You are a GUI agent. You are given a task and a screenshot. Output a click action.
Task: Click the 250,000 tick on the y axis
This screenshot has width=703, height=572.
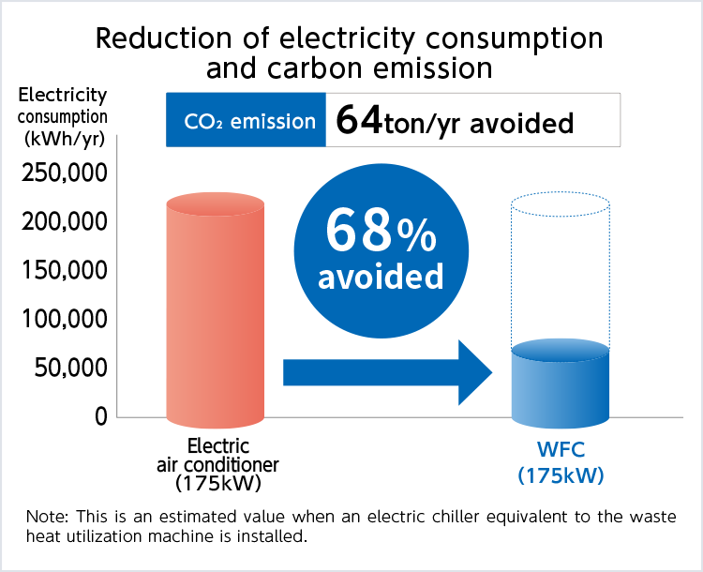tap(63, 174)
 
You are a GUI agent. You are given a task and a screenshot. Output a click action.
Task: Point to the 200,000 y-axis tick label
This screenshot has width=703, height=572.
tap(63, 223)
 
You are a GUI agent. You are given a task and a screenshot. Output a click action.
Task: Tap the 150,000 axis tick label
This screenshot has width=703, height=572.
tap(63, 272)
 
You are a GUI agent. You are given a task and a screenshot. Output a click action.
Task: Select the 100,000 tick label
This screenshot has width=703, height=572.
tap(63, 321)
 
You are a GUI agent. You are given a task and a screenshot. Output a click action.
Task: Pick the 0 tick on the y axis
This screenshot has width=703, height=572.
tap(100, 417)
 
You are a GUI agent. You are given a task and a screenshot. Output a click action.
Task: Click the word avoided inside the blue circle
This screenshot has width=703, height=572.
tap(381, 278)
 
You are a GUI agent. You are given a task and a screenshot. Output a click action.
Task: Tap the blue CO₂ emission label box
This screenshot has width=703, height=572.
tap(246, 120)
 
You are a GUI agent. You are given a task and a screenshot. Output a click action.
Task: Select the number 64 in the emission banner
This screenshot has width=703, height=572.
tap(358, 120)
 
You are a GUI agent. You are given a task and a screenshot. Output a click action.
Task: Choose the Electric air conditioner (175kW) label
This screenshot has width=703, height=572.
tap(217, 464)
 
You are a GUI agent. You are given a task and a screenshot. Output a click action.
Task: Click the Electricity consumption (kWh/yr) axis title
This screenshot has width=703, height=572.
tap(63, 117)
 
